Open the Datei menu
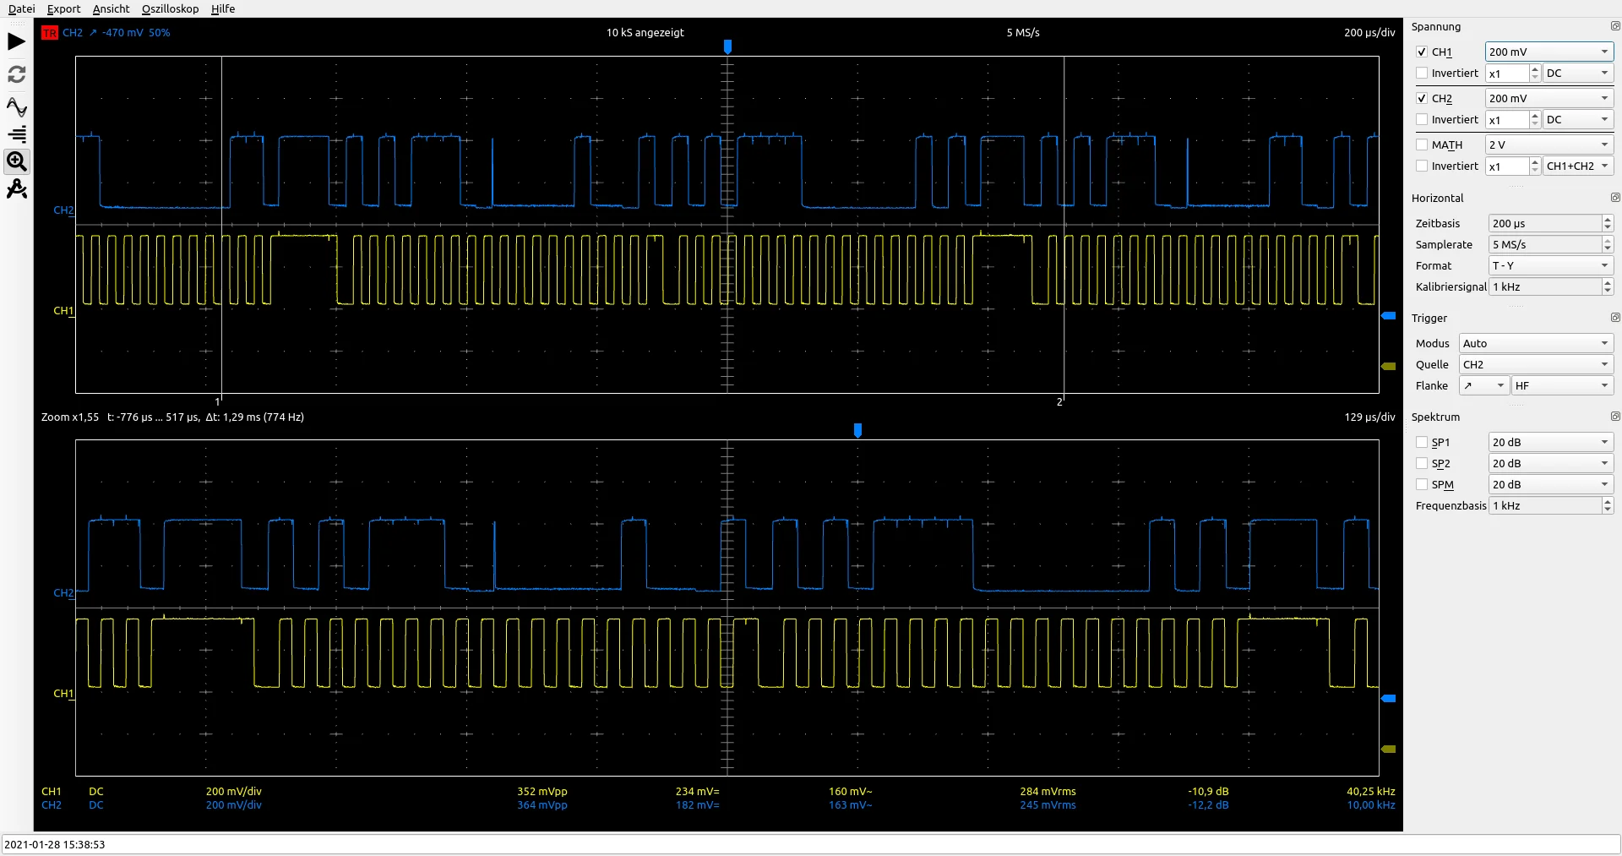tap(21, 8)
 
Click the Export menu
tap(63, 8)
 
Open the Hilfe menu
tap(223, 8)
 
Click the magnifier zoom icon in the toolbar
tap(17, 161)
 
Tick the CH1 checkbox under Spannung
tap(1422, 52)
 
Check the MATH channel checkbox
tap(1422, 144)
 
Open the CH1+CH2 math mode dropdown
tap(1577, 166)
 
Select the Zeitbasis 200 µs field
tap(1544, 223)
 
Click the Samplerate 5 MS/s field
tap(1544, 244)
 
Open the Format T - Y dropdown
tap(1550, 265)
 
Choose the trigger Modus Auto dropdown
tap(1535, 343)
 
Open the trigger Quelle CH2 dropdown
tap(1535, 364)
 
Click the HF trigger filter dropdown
tap(1561, 385)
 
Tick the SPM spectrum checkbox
tap(1422, 484)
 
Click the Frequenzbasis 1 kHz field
tap(1544, 505)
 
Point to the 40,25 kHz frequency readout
tap(1370, 792)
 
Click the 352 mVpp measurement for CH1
tap(542, 792)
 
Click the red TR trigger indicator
tap(50, 33)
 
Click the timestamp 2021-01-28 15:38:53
tap(55, 844)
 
